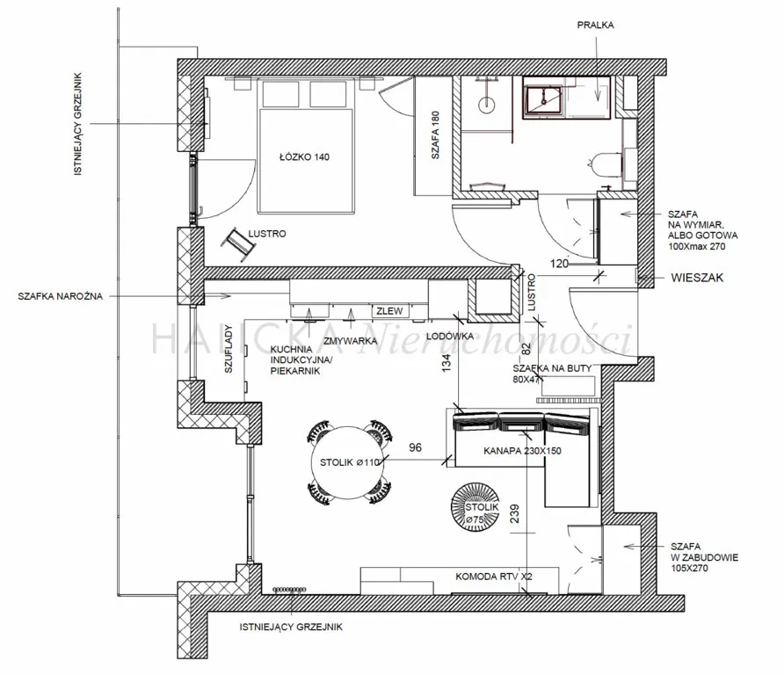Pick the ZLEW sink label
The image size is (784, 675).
click(x=387, y=311)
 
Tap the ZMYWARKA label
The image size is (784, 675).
click(x=352, y=339)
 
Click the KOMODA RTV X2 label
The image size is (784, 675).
click(x=492, y=577)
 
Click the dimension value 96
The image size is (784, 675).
click(x=416, y=447)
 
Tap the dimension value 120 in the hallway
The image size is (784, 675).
click(x=559, y=262)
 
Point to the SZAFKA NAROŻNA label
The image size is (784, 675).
click(x=60, y=297)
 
